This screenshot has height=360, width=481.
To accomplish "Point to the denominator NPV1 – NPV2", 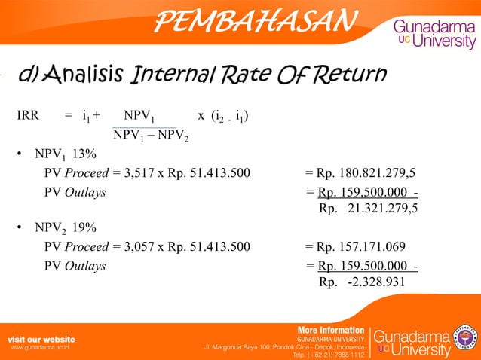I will [151, 136].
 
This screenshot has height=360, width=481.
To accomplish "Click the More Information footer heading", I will [332, 330].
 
